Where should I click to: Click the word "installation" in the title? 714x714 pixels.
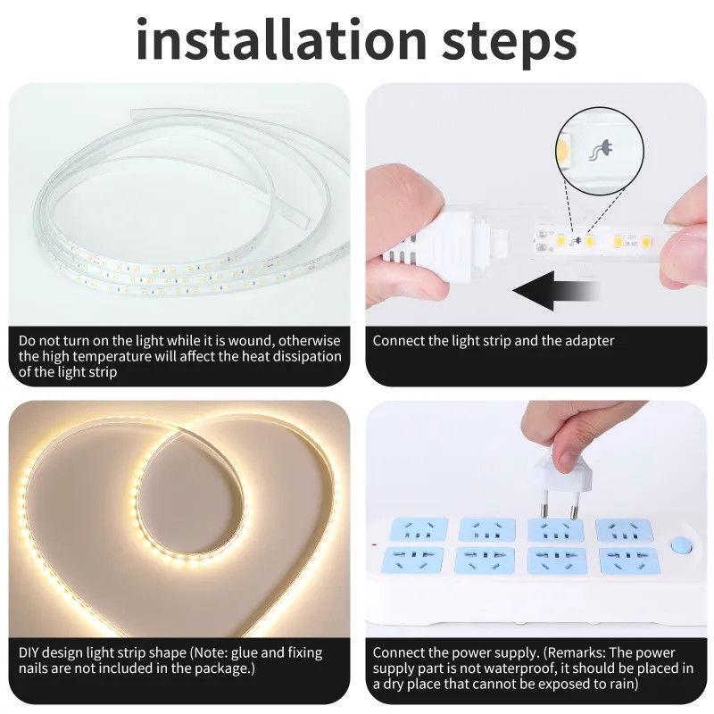point(281,39)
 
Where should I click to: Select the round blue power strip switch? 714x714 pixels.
point(681,545)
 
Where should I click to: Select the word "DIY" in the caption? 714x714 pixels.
point(29,652)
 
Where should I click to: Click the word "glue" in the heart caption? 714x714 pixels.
point(245,653)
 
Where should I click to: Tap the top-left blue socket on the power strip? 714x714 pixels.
point(418,529)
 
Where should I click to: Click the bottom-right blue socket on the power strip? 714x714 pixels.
point(629,560)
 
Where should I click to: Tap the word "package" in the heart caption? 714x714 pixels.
point(222,668)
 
